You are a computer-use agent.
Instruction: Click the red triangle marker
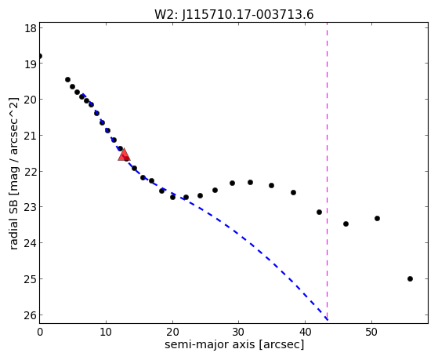pyautogui.click(x=124, y=155)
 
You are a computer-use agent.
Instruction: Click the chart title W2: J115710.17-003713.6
pyautogui.click(x=234, y=15)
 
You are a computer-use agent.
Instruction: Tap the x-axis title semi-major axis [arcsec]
pyautogui.click(x=234, y=344)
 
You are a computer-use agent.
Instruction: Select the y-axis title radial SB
pyautogui.click(x=13, y=217)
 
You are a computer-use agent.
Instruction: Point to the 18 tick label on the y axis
pyautogui.click(x=31, y=28)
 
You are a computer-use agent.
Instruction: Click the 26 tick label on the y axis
pyautogui.click(x=31, y=315)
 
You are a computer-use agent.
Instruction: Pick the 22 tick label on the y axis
pyautogui.click(x=31, y=172)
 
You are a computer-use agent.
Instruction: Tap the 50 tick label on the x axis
pyautogui.click(x=371, y=332)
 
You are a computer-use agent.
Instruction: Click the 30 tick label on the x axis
pyautogui.click(x=239, y=332)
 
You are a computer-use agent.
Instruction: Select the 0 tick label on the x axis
pyautogui.click(x=40, y=332)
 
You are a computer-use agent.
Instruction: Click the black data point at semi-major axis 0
pyautogui.click(x=40, y=56)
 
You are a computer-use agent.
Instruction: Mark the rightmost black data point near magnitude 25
pyautogui.click(x=410, y=279)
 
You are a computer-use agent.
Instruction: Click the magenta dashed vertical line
pyautogui.click(x=327, y=171)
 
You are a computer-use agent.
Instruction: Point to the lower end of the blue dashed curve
pyautogui.click(x=328, y=320)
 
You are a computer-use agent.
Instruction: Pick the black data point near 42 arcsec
pyautogui.click(x=319, y=213)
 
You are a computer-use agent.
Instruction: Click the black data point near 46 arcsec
pyautogui.click(x=346, y=224)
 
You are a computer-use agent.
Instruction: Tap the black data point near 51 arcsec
pyautogui.click(x=378, y=219)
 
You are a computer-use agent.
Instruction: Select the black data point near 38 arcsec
pyautogui.click(x=293, y=193)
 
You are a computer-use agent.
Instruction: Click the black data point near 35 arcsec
pyautogui.click(x=272, y=185)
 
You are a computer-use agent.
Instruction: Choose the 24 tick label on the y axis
pyautogui.click(x=31, y=243)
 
